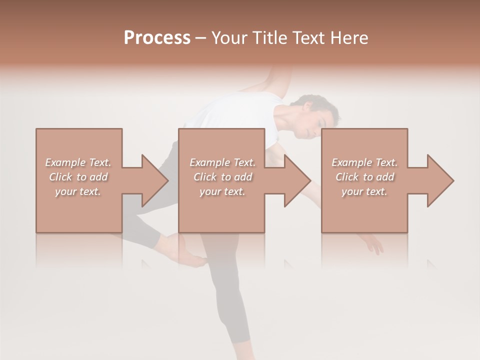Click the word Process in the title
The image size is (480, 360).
pyautogui.click(x=157, y=38)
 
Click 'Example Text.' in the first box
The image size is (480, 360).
pyautogui.click(x=78, y=162)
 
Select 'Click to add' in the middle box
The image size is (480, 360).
pyautogui.click(x=222, y=177)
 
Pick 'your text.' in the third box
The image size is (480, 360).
pyautogui.click(x=364, y=191)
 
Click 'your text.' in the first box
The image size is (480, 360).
pyautogui.click(x=78, y=191)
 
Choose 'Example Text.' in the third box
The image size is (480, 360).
pyautogui.click(x=364, y=162)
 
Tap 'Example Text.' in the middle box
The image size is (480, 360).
pyautogui.click(x=222, y=162)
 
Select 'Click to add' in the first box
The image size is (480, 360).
pyautogui.click(x=78, y=177)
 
